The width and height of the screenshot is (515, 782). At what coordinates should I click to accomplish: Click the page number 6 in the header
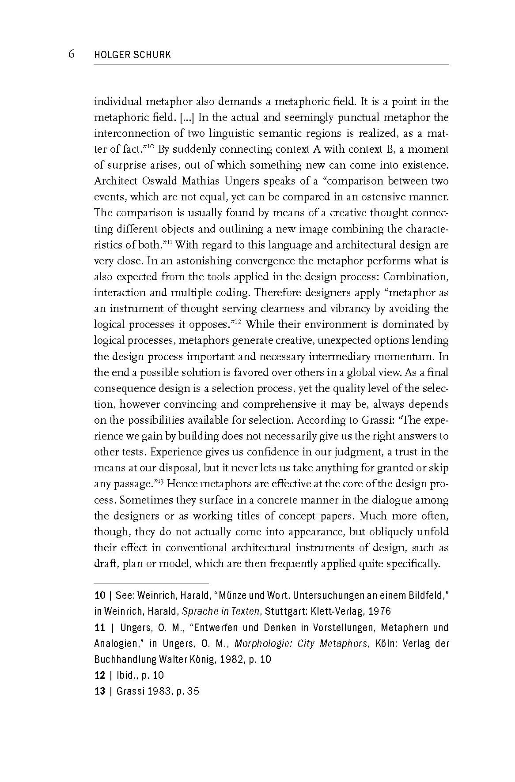point(71,54)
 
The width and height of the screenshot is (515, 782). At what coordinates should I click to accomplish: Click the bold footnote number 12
point(100,675)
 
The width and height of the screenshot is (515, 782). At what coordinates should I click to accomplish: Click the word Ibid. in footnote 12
point(127,675)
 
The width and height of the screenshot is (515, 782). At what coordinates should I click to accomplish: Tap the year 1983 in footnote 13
point(158,691)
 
